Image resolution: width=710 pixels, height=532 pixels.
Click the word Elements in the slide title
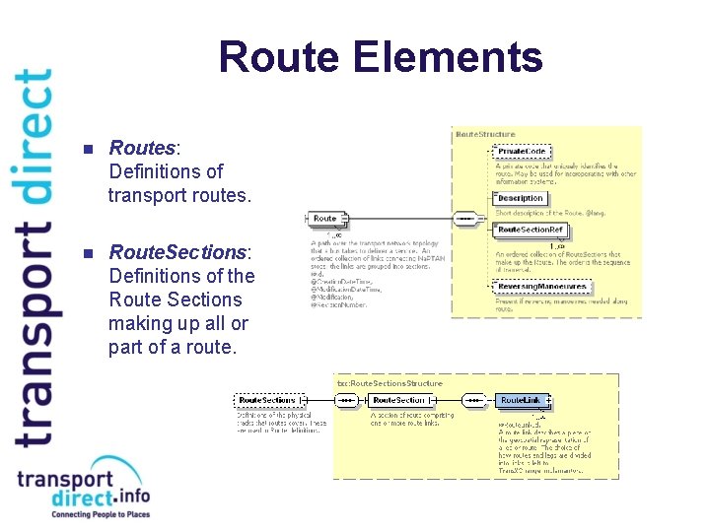445,57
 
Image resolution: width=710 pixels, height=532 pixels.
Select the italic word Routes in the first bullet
141,148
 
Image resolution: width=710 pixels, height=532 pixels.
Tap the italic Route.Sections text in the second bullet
178,252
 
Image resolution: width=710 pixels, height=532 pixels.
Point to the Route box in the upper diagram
325,218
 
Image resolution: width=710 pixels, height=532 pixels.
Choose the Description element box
521,198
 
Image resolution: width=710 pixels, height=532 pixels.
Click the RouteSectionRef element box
531,230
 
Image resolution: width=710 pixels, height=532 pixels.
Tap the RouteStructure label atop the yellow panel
485,133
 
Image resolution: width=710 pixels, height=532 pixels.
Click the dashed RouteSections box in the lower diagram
266,400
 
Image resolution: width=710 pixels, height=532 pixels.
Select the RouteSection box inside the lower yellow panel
399,400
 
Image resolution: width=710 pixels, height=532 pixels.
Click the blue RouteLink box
521,400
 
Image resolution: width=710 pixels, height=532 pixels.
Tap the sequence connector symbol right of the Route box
463,218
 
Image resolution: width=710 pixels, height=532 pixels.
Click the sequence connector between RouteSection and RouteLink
474,400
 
